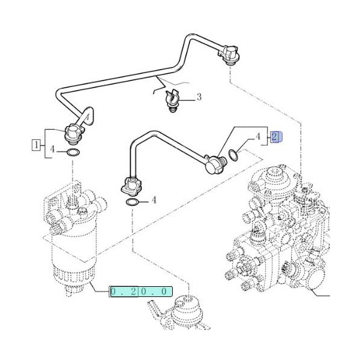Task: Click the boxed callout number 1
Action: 37,144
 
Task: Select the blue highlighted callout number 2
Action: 275,137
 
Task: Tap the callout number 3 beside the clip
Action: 199,97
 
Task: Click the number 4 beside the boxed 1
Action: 53,149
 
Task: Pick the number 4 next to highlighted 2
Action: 258,137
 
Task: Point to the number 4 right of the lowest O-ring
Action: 154,200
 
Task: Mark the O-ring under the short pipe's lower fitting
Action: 133,203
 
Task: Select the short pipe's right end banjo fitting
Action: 213,163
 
